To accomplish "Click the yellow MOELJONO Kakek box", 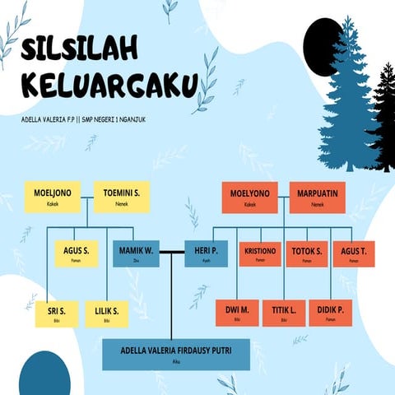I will click(x=53, y=197).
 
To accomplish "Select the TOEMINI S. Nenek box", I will click(x=121, y=197).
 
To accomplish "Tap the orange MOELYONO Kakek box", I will click(x=250, y=197).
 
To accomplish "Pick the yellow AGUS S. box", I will click(x=76, y=253).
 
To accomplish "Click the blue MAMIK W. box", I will click(x=136, y=253).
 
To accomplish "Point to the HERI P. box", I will click(x=205, y=253).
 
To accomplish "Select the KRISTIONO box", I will click(x=260, y=253).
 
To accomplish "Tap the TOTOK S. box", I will click(x=307, y=253).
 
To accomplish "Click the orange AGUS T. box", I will click(x=353, y=253).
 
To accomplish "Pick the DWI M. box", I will click(x=237, y=313).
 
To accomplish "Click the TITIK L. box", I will click(x=283, y=313).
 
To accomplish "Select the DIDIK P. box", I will click(x=330, y=313).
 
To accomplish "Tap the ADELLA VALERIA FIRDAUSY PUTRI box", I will click(x=175, y=354).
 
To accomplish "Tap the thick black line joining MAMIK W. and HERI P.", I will click(x=171, y=250).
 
